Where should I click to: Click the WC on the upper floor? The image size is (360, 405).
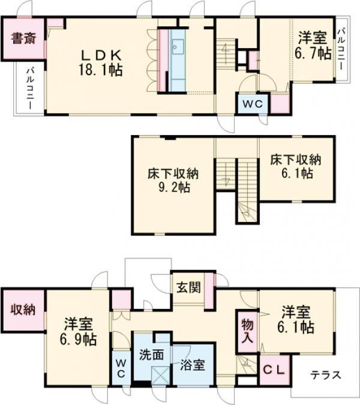[x=253, y=104]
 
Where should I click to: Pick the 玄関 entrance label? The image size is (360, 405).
[x=187, y=285]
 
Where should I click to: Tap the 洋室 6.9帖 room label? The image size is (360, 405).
[x=78, y=332]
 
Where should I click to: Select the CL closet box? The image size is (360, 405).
[x=274, y=367]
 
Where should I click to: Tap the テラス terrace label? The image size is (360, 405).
[x=326, y=375]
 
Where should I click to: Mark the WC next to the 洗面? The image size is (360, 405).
[x=121, y=368]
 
